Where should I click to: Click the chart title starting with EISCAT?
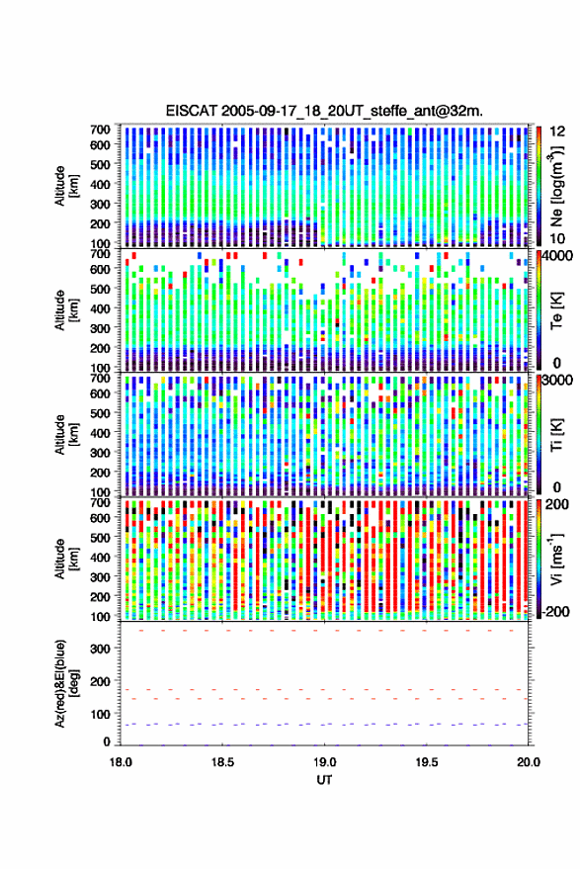click(x=325, y=111)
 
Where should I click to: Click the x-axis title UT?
click(x=325, y=780)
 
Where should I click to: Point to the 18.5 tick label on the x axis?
click(x=222, y=762)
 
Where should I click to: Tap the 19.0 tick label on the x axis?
click(x=325, y=762)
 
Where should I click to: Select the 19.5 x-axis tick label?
click(x=427, y=762)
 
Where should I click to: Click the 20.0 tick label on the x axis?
click(x=529, y=762)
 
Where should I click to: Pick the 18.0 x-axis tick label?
click(x=121, y=762)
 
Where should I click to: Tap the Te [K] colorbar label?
click(x=556, y=310)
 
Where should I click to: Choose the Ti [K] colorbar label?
click(x=556, y=435)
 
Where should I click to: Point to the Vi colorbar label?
click(x=555, y=559)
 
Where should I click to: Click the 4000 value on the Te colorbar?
click(x=558, y=257)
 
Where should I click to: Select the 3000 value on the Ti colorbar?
click(x=558, y=381)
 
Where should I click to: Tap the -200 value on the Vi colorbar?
click(x=555, y=612)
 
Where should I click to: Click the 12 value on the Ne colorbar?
click(x=558, y=131)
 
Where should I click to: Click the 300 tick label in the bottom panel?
click(x=100, y=649)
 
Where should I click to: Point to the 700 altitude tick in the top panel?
click(x=100, y=130)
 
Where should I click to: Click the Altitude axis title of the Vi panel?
click(x=66, y=559)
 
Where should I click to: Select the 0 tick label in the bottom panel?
click(x=107, y=741)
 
